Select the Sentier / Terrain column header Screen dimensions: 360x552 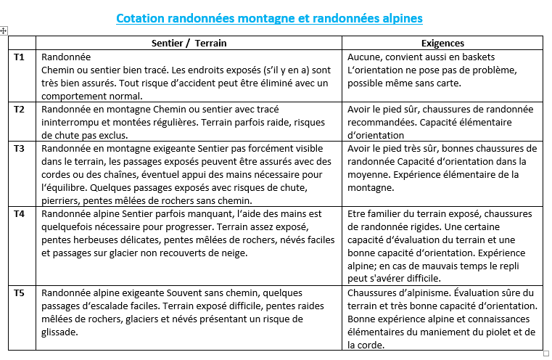click(x=189, y=43)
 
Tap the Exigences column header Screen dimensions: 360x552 click(x=442, y=43)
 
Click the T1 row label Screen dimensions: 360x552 click(x=20, y=57)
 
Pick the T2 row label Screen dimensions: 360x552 click(x=20, y=109)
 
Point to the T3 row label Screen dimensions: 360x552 click(x=20, y=148)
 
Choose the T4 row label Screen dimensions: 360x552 click(x=20, y=214)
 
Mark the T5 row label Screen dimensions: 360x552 click(x=20, y=292)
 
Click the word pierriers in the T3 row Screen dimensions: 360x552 click(x=61, y=200)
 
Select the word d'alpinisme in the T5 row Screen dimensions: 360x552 click(x=421, y=292)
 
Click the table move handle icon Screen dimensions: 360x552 click(x=4, y=30)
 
